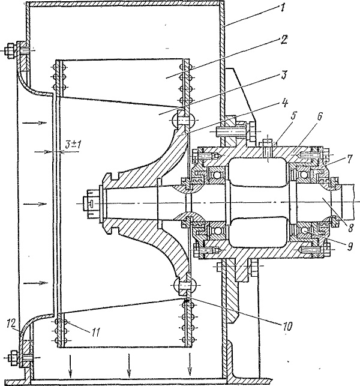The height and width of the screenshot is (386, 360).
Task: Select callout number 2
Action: point(284,40)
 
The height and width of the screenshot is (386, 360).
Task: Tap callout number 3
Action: point(284,74)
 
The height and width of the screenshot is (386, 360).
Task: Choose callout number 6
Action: point(319,116)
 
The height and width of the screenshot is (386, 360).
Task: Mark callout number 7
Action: point(349,159)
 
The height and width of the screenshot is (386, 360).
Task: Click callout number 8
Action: point(350,228)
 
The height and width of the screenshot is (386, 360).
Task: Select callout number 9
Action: point(350,246)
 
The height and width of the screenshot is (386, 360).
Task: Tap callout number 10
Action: point(287,326)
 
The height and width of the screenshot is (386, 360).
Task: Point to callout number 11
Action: point(95,333)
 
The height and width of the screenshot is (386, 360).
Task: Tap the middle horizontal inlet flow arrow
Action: point(36,204)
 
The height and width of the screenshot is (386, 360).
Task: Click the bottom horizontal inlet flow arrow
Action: point(35,283)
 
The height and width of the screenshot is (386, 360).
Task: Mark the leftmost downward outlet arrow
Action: point(70,362)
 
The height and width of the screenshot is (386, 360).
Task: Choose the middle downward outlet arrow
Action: point(128,361)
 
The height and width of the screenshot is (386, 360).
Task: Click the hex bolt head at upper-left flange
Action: point(10,51)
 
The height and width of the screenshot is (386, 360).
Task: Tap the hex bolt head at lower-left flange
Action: point(13,358)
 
